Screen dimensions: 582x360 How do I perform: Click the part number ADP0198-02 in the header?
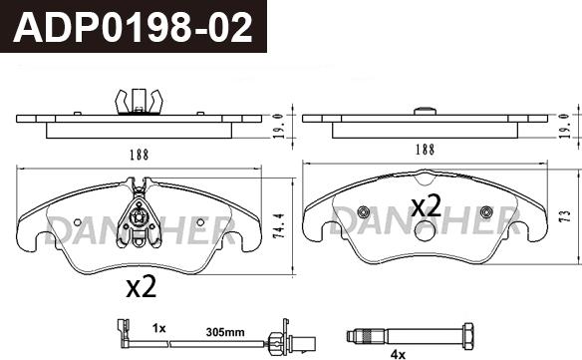(x=133, y=28)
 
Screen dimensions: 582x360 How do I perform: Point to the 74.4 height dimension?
(x=279, y=225)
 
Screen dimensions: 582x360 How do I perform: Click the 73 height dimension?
(x=565, y=216)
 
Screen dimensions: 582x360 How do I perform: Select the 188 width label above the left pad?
(x=140, y=155)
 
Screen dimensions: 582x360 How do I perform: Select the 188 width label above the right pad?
(x=425, y=150)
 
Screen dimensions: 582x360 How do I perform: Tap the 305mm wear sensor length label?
(x=225, y=332)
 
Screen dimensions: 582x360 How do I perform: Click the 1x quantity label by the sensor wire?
(x=158, y=328)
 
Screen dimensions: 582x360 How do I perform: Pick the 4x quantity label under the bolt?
(x=398, y=355)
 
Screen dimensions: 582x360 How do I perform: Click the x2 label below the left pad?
(x=142, y=286)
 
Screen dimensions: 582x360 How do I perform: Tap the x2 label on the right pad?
(x=427, y=205)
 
